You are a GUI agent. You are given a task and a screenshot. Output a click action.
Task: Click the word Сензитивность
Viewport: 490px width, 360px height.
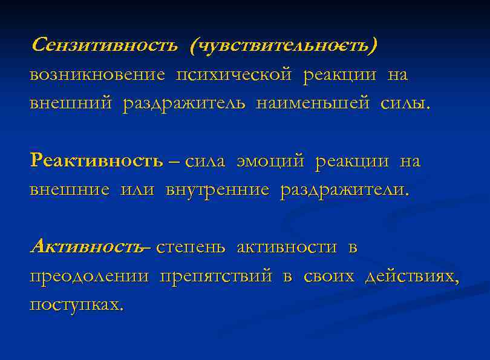[104, 45]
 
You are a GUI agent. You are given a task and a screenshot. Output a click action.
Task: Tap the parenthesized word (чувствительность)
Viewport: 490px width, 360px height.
[283, 45]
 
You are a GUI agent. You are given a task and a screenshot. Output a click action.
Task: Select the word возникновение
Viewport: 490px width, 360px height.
[97, 75]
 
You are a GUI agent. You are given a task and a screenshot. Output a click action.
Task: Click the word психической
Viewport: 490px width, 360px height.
[234, 75]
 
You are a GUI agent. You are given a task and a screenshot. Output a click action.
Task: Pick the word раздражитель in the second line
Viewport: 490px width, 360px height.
[185, 103]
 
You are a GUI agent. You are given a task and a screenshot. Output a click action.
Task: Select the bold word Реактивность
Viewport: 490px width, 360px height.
[96, 162]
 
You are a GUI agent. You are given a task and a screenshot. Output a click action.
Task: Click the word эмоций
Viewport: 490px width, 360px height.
[271, 162]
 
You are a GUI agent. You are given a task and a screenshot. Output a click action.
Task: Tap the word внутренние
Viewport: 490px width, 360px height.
[217, 190]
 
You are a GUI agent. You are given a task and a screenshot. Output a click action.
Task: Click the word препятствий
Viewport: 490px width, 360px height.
[216, 277]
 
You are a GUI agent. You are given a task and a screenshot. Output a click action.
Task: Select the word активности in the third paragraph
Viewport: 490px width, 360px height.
[287, 247]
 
